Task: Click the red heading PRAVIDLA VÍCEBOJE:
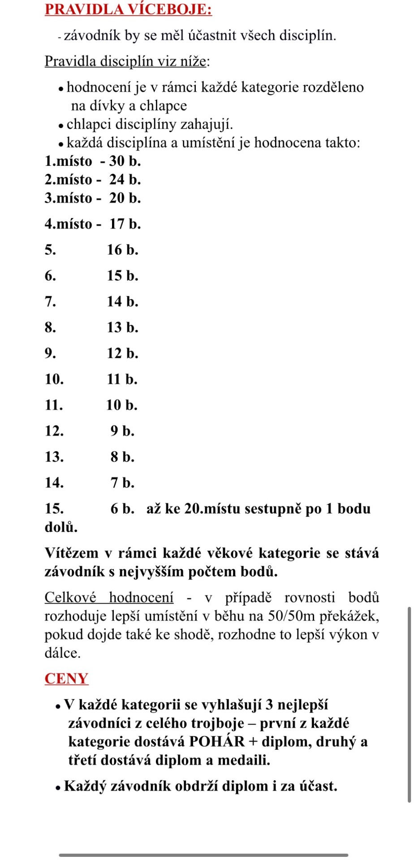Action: click(x=128, y=9)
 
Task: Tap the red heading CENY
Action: click(x=66, y=679)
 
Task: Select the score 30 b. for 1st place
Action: click(x=125, y=161)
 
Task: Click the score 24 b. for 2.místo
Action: click(x=125, y=180)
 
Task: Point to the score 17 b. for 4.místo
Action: click(x=125, y=224)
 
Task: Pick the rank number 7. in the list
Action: click(x=50, y=301)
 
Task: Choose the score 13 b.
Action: click(x=122, y=327)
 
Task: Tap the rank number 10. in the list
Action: click(x=54, y=379)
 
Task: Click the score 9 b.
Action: click(x=122, y=431)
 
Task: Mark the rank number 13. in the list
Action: click(x=54, y=457)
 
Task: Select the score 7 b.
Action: click(x=122, y=483)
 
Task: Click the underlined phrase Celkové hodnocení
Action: click(x=109, y=598)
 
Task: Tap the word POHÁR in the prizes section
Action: click(x=217, y=742)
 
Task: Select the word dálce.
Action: click(x=62, y=653)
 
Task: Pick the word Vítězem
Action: click(x=72, y=553)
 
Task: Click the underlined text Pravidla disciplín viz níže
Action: click(x=125, y=61)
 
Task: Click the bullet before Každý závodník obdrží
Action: click(x=58, y=787)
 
